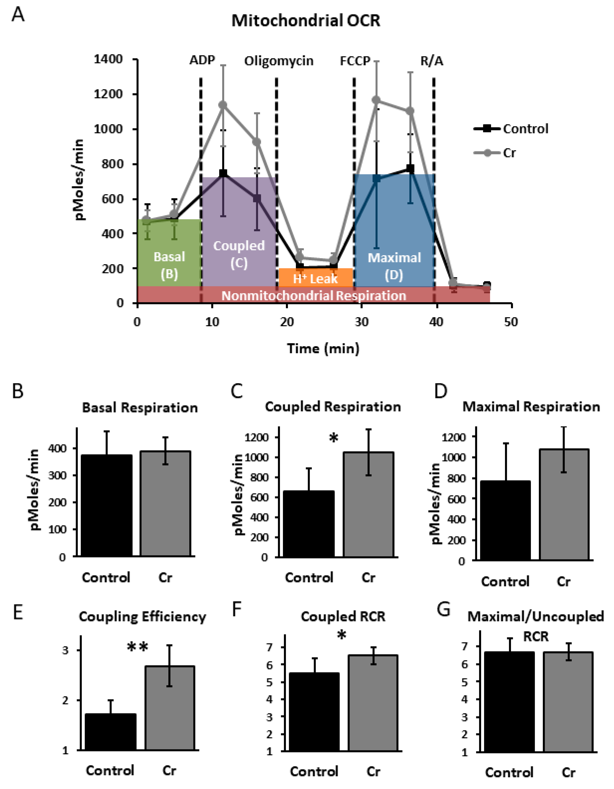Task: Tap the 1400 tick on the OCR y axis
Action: point(108,59)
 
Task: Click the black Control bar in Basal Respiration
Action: point(106,506)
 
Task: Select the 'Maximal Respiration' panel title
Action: point(531,407)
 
